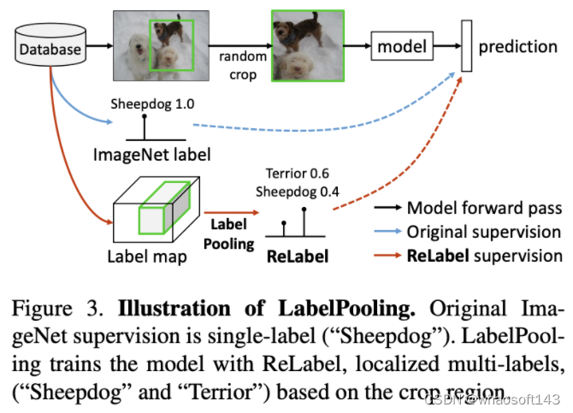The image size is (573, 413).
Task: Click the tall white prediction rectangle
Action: [x=466, y=45]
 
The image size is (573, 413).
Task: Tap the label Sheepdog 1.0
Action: [x=152, y=104]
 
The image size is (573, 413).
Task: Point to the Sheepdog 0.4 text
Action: [x=298, y=191]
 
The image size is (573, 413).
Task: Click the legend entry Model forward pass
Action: [x=484, y=207]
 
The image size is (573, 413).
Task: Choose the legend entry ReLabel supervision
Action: [x=484, y=256]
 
